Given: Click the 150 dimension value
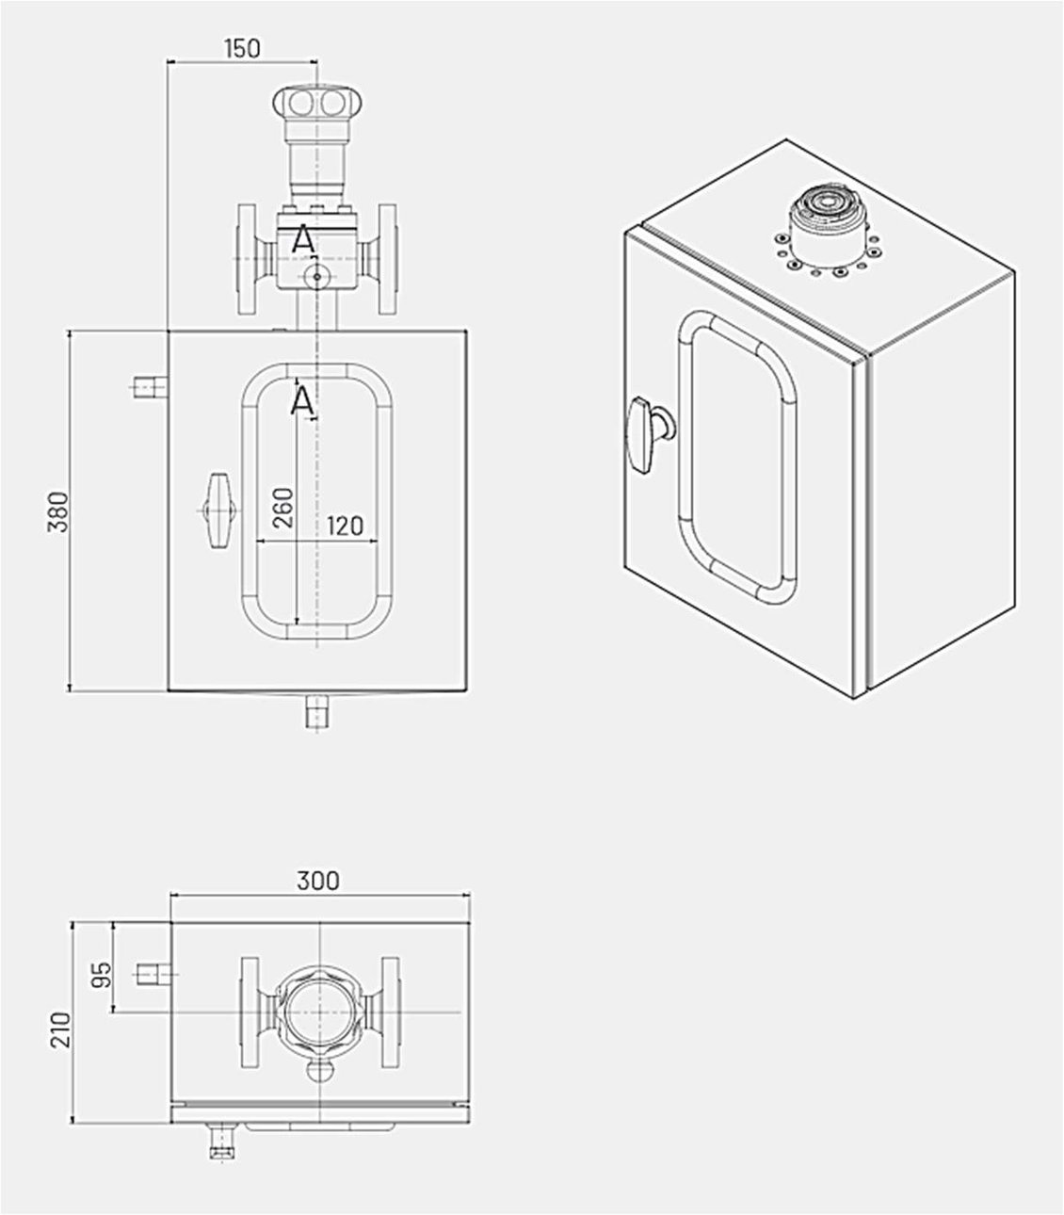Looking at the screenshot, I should (x=242, y=48).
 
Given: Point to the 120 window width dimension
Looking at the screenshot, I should (x=345, y=526).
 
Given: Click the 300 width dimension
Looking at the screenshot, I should (x=318, y=882).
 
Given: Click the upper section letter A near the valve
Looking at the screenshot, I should (x=302, y=240).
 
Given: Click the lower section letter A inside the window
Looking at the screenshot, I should (x=301, y=402).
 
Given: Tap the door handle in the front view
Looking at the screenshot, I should (x=218, y=510).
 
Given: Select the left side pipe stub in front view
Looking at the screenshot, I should (x=148, y=386).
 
